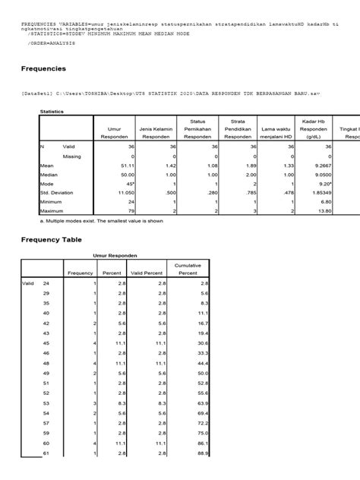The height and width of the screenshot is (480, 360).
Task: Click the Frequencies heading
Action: point(44,69)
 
